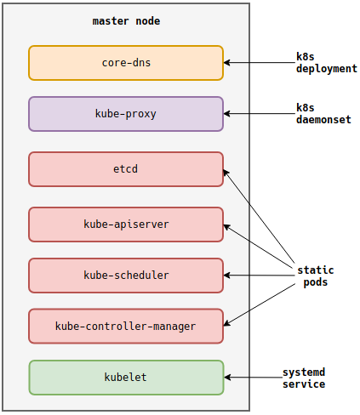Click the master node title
pos(126,21)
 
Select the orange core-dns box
pos(126,63)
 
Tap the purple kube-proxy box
pos(126,114)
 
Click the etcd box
pos(126,169)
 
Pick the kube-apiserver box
pos(126,225)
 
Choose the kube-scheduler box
pos(126,276)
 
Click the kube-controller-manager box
pos(126,326)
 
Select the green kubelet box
pos(126,378)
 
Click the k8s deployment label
pos(327,63)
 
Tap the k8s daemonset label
pos(323,114)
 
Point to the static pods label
pos(316,276)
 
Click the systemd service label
pos(304,378)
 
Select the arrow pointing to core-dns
pos(260,63)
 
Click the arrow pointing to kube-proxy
pos(260,114)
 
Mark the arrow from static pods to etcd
pos(259,216)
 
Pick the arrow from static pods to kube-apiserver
pos(259,246)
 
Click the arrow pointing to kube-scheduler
pos(260,276)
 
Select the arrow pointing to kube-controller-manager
pos(260,304)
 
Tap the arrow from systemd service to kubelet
pos(253,378)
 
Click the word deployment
pos(327,69)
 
